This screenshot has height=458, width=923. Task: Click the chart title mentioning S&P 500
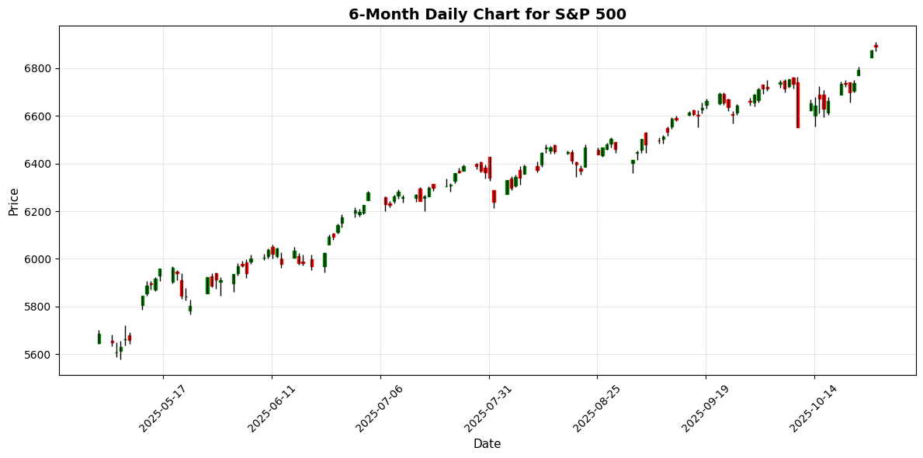487,14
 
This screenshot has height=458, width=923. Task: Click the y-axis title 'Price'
13,200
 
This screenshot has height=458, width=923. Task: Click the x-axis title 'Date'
487,444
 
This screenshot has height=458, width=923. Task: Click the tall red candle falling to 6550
797,105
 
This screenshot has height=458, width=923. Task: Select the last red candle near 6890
876,47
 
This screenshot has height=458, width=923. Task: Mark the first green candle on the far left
99,338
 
